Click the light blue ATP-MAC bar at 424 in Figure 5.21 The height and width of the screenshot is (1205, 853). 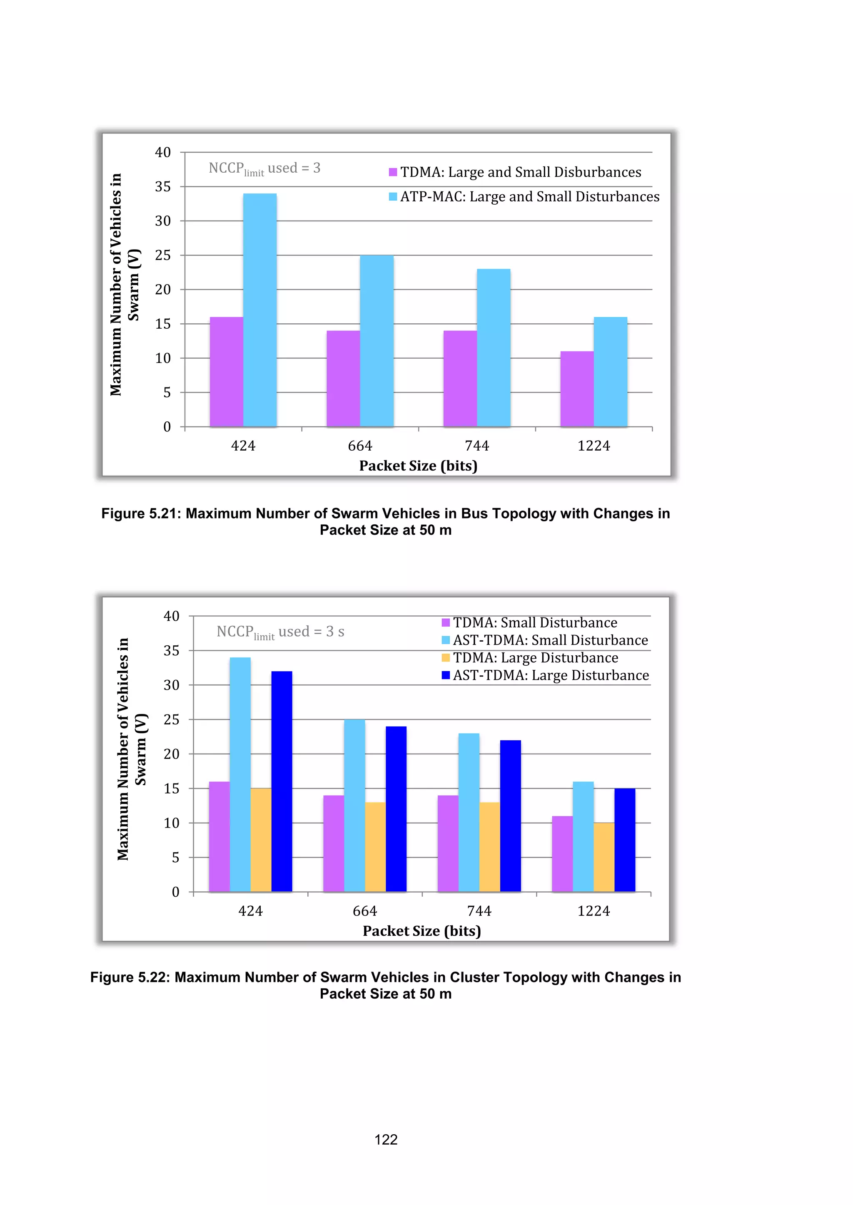tap(260, 310)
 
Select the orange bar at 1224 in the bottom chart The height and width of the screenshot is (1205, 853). tap(604, 857)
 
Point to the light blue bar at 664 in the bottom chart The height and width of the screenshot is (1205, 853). tap(354, 806)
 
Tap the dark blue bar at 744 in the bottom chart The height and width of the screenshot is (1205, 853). tap(511, 816)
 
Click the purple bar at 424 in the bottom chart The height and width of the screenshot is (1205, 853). tap(219, 837)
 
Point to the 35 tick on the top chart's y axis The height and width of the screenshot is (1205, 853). tap(163, 187)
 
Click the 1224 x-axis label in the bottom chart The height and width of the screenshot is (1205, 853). tap(594, 911)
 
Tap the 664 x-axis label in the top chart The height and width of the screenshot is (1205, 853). tap(360, 446)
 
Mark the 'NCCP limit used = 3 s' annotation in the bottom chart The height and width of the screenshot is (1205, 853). tap(280, 632)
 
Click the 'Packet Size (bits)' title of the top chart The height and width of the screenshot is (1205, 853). tap(418, 466)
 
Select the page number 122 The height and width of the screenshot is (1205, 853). tap(386, 1139)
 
